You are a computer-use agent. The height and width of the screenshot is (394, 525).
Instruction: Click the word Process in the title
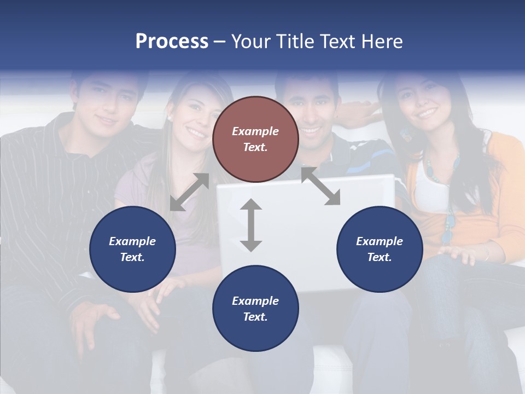tap(172, 42)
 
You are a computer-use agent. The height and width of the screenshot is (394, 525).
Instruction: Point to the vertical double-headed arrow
tap(251, 225)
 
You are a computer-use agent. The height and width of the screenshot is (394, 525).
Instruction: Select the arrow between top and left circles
tap(189, 192)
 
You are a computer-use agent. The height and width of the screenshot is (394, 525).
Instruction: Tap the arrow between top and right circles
tap(320, 187)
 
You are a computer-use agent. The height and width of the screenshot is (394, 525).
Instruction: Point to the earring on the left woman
tap(170, 118)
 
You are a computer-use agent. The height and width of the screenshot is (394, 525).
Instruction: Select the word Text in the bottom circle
tap(255, 317)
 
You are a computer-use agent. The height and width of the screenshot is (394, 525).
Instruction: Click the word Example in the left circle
tap(132, 241)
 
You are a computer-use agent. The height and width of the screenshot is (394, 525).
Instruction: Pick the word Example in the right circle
tap(380, 241)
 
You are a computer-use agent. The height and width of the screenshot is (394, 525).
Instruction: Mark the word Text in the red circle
tap(255, 147)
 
